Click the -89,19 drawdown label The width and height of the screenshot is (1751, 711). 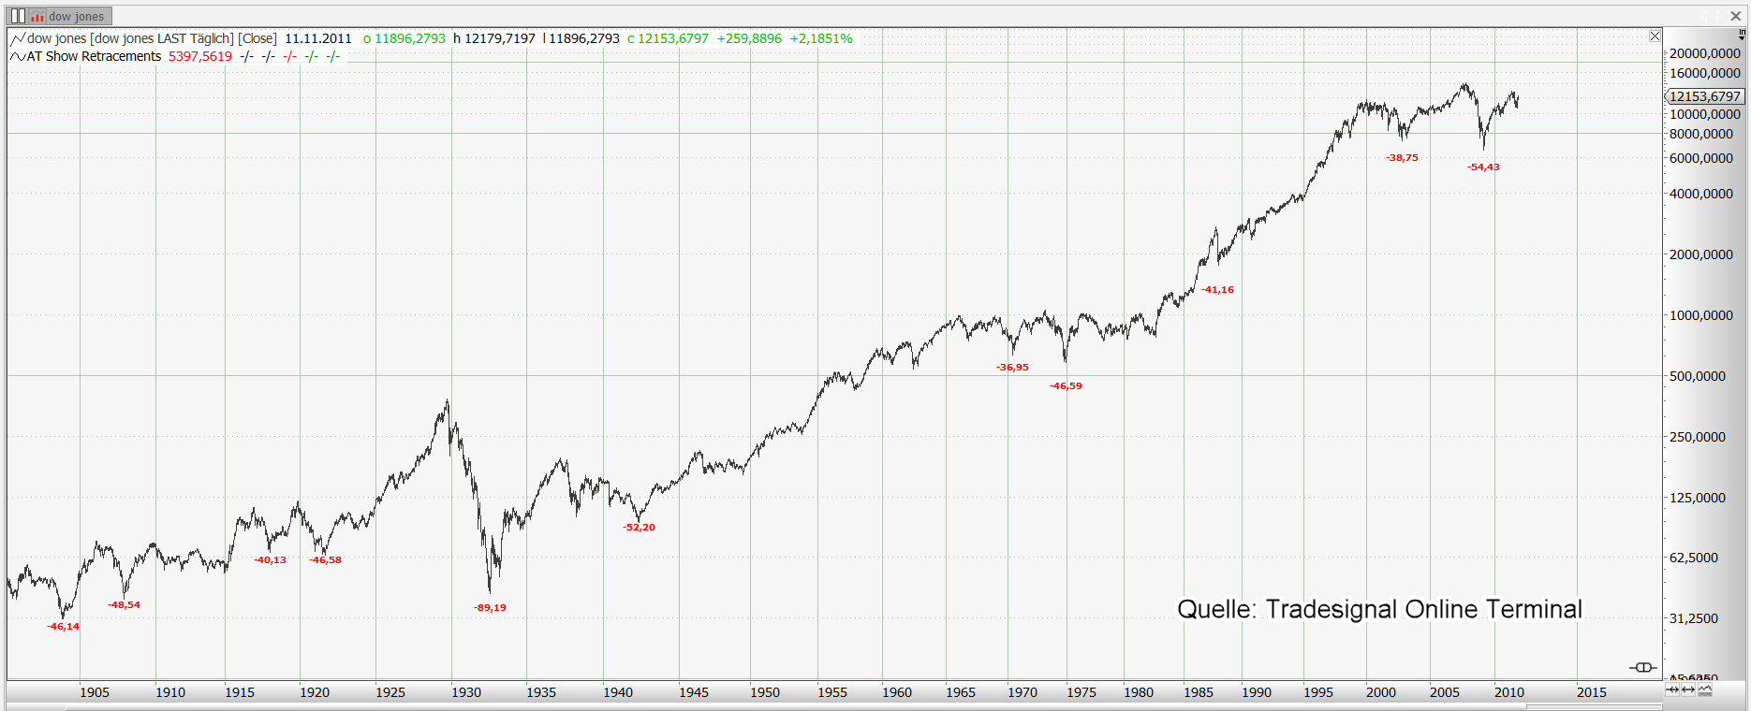(490, 608)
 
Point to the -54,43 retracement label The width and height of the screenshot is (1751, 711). (1483, 167)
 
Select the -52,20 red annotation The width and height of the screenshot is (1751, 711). (640, 528)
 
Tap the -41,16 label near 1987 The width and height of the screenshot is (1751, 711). (1217, 290)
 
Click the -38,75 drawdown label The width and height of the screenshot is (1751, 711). (1402, 158)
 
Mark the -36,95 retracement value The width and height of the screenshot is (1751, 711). (1012, 368)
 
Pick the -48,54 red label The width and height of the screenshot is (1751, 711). (124, 605)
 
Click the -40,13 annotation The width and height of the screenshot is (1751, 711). (270, 560)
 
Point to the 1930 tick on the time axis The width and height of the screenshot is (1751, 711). (466, 693)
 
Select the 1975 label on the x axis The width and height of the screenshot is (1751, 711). (1081, 693)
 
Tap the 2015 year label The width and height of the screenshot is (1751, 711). (1592, 693)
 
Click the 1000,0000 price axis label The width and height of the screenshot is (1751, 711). (1701, 316)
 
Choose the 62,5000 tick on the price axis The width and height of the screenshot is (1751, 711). (1694, 559)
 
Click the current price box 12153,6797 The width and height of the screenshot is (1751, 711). (1705, 96)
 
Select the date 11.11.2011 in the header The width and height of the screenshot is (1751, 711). (318, 38)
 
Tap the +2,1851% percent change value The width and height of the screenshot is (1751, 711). (821, 38)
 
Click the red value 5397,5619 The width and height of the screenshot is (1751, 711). (200, 56)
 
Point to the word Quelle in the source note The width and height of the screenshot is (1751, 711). (1214, 610)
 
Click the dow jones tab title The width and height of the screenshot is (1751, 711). (76, 17)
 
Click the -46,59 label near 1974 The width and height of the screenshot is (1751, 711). (1066, 386)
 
